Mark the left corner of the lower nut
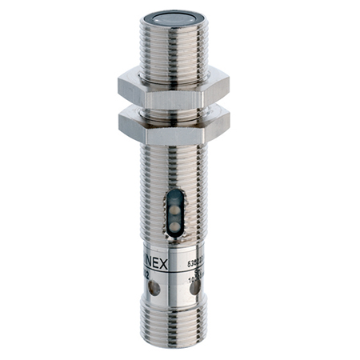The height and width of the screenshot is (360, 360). pos(119,122)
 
